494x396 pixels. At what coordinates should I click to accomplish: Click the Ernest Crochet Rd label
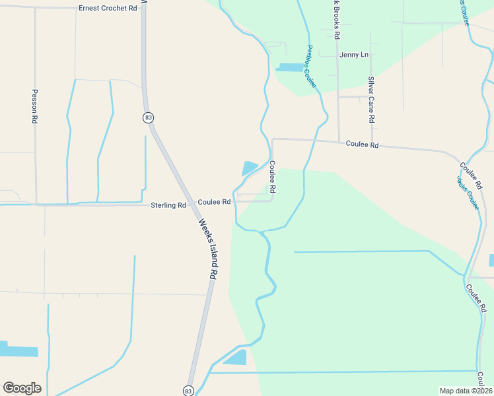click(108, 8)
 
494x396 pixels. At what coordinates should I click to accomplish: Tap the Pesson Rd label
click(35, 107)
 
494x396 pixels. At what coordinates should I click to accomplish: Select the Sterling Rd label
click(168, 205)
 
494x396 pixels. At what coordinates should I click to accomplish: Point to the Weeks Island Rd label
click(208, 247)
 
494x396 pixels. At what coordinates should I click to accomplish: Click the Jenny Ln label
click(354, 55)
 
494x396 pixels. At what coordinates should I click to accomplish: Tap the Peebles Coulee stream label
click(311, 67)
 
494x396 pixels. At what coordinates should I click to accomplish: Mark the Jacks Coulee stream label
click(468, 193)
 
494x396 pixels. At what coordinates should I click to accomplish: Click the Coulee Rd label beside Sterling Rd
click(214, 202)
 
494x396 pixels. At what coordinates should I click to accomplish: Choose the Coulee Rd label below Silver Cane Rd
click(363, 145)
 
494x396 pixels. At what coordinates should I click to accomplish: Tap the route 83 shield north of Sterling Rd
click(148, 117)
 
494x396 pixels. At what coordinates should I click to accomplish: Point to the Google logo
click(22, 388)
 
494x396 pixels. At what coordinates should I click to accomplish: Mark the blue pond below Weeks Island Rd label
click(235, 358)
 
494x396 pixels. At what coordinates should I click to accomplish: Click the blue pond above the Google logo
click(18, 349)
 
